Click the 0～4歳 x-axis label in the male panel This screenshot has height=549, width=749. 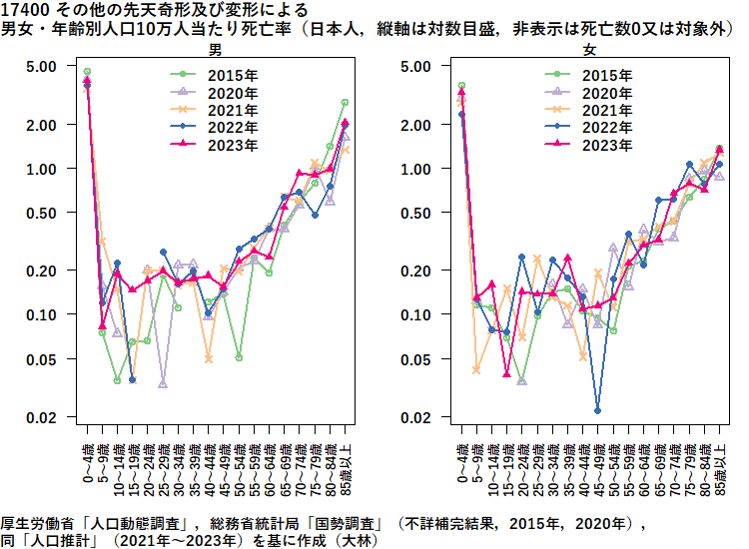click(x=88, y=462)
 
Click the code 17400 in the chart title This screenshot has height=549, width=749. click(x=21, y=10)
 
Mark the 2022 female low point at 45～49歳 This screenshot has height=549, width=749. click(x=597, y=410)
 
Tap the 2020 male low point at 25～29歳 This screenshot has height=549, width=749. click(x=163, y=384)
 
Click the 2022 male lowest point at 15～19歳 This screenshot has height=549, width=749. click(x=133, y=380)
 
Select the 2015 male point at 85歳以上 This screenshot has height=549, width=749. click(x=345, y=103)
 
